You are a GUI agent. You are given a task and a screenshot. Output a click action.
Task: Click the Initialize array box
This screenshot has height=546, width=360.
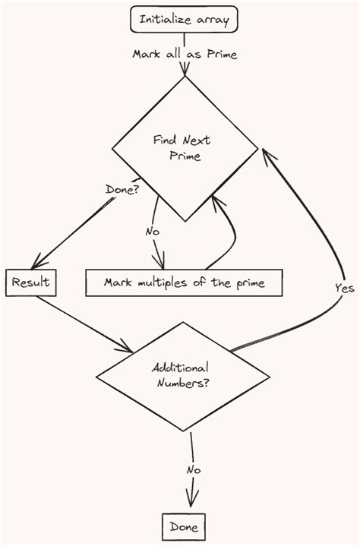tap(185, 20)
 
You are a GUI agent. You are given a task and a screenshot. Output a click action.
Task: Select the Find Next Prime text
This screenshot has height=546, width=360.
tap(183, 148)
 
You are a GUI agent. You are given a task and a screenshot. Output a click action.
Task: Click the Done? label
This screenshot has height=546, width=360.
tap(122, 189)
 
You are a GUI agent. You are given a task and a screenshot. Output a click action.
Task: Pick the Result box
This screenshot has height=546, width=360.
tap(31, 282)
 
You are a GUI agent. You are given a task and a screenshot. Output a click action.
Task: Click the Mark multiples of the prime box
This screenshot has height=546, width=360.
tap(185, 282)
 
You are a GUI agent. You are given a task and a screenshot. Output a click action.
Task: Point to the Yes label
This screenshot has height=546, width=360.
tap(344, 288)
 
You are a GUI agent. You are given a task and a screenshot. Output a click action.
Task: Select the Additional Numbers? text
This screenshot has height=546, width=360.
tap(182, 375)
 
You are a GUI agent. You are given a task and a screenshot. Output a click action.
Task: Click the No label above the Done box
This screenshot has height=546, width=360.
tap(194, 470)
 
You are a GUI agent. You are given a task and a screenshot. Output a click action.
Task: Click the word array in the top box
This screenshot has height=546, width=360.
tap(211, 20)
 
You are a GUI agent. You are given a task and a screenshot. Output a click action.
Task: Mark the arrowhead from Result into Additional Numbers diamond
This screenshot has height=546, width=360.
tap(125, 349)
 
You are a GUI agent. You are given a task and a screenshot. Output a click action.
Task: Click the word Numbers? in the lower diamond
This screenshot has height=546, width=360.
tap(183, 383)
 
